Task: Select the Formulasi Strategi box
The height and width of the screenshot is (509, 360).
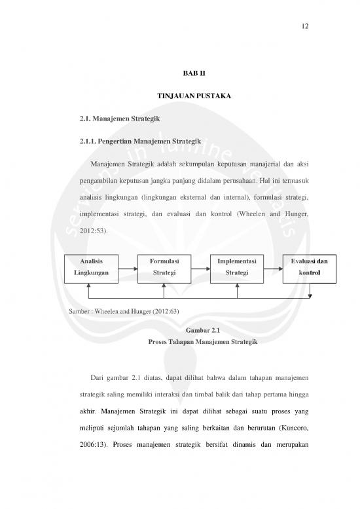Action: coord(163,268)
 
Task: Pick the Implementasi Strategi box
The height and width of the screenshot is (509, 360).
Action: coord(236,268)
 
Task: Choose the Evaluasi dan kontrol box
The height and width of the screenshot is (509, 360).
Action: coord(309,268)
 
